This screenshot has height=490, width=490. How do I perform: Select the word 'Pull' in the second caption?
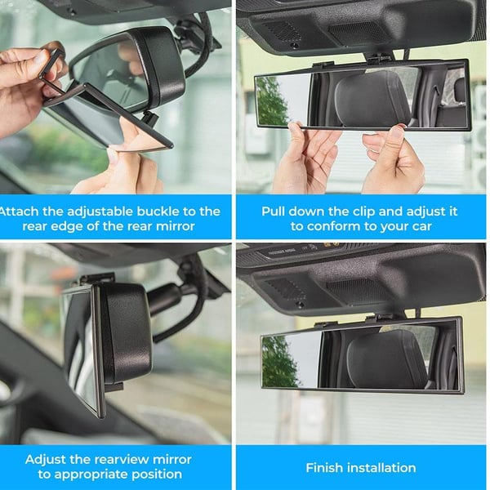point(275,211)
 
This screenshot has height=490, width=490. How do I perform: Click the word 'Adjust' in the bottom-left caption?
point(47,459)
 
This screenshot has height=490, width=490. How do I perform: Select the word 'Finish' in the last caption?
point(326,468)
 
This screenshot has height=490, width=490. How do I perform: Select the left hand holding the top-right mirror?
point(305,159)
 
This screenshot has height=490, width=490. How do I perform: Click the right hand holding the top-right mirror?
point(392,159)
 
